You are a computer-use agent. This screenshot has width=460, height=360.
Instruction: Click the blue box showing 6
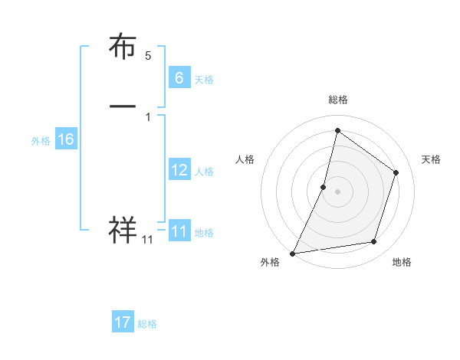click(x=179, y=78)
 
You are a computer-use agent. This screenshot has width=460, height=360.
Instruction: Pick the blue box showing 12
click(x=179, y=170)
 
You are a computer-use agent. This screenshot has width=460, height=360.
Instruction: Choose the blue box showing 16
click(x=65, y=139)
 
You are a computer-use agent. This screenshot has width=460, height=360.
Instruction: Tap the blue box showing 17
click(x=123, y=322)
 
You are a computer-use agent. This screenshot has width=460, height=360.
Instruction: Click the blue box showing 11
click(x=179, y=231)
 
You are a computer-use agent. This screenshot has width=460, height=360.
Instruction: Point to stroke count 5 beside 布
click(x=148, y=56)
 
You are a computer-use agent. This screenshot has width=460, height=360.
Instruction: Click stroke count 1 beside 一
click(x=148, y=117)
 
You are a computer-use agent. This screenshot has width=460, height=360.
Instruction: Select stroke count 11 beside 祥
click(x=147, y=241)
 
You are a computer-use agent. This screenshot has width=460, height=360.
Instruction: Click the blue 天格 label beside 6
click(x=203, y=80)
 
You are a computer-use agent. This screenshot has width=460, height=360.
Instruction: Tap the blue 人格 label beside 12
click(x=204, y=172)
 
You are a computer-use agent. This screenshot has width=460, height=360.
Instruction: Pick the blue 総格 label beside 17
click(x=147, y=324)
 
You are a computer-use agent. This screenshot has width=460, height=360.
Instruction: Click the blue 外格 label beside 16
click(x=41, y=141)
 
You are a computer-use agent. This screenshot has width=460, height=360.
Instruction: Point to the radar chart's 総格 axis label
click(x=337, y=100)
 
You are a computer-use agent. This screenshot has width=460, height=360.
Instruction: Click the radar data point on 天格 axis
click(x=396, y=172)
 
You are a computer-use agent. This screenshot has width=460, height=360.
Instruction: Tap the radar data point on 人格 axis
click(x=324, y=187)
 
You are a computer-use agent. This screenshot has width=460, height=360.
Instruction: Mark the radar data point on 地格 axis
click(x=374, y=241)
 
